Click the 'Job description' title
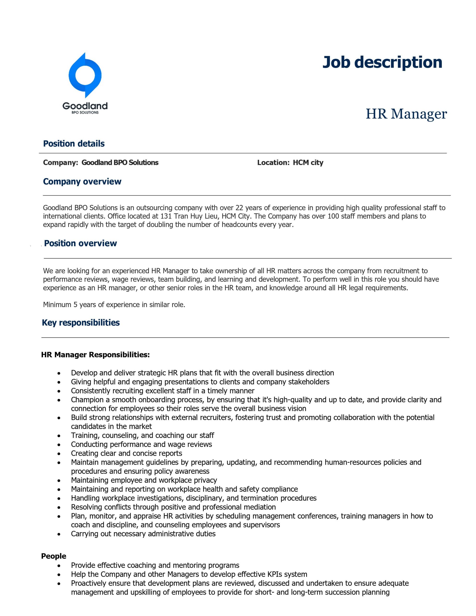pos(382,62)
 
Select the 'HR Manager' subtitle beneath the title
pos(406,114)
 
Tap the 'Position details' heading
pos(74,144)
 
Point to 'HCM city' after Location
pos(308,162)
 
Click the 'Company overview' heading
pos(82,181)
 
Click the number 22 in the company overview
pos(239,208)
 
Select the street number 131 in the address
pos(166,216)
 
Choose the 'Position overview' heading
pos(80,243)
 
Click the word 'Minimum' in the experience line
pos(57,305)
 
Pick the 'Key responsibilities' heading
pos(81,322)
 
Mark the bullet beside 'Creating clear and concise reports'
pos(59,454)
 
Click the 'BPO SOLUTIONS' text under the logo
pos(85,112)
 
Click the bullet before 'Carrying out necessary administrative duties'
pos(59,534)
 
